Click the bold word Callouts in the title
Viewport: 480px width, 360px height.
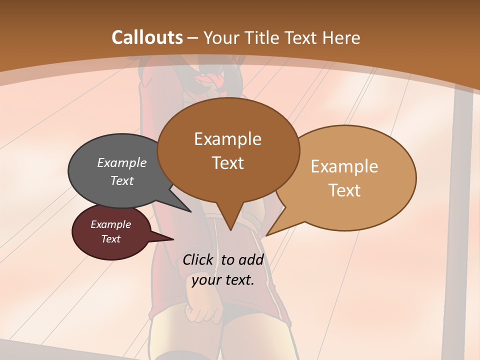(x=147, y=37)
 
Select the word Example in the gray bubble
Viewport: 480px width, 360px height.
(x=122, y=162)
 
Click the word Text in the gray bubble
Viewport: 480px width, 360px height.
(x=122, y=180)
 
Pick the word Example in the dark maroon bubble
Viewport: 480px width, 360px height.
(x=110, y=224)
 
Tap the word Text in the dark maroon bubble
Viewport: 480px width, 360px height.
(x=110, y=239)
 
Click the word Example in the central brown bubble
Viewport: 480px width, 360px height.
(x=227, y=139)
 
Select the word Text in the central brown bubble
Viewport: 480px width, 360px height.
(x=227, y=162)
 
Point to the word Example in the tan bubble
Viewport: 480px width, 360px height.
(x=344, y=166)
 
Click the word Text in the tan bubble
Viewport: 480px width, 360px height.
(x=344, y=190)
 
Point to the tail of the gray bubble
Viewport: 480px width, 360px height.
(x=187, y=209)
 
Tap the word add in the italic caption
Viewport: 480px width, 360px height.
(x=251, y=259)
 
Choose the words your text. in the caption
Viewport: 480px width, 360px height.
(x=222, y=280)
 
